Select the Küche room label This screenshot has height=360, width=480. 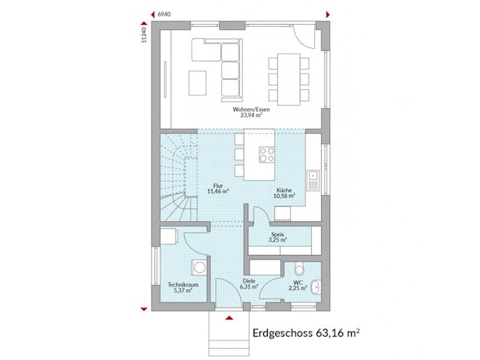pyautogui.click(x=284, y=191)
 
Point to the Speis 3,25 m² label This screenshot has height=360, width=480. pyautogui.click(x=277, y=238)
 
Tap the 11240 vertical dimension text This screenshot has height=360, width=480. pyautogui.click(x=142, y=33)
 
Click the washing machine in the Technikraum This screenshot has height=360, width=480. pyautogui.click(x=199, y=268)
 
